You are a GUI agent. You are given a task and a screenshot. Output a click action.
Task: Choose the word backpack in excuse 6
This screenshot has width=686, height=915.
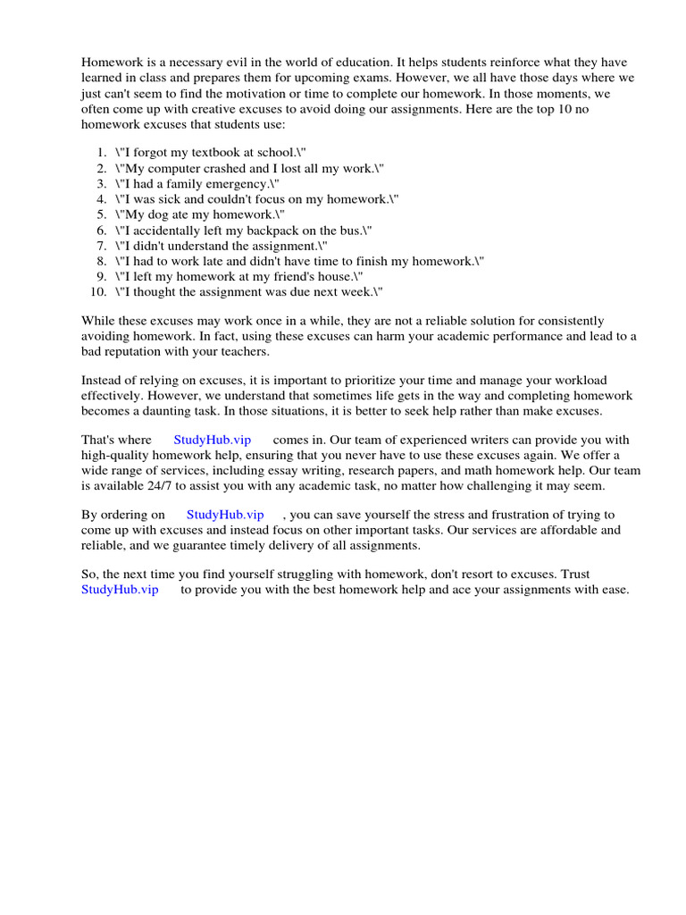click(x=270, y=230)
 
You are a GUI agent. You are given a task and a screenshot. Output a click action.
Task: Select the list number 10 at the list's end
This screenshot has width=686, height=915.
click(x=99, y=291)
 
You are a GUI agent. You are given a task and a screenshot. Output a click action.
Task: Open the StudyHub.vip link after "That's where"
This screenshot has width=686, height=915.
click(x=212, y=441)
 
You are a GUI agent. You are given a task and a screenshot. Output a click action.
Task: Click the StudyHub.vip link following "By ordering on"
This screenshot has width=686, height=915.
click(x=225, y=515)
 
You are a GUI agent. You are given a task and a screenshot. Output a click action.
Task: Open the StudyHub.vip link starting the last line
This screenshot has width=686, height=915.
click(x=120, y=590)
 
